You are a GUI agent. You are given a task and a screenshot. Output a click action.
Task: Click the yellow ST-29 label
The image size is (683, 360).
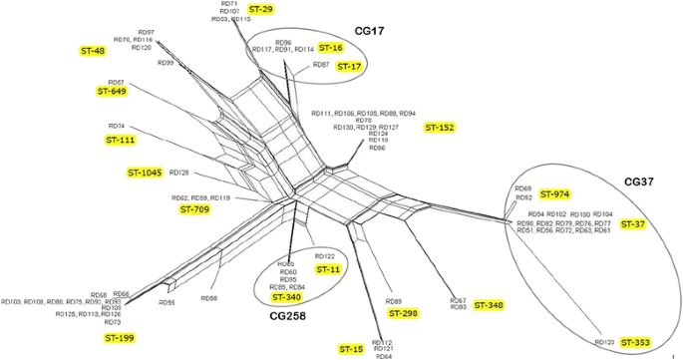[261, 9]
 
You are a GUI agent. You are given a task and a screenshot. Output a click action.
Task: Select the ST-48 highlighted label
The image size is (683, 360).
[92, 50]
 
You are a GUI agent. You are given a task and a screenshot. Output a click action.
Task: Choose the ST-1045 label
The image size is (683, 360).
[145, 173]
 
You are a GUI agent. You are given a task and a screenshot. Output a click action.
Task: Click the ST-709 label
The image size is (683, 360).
[194, 209]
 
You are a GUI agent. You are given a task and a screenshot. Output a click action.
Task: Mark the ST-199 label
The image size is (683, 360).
[119, 338]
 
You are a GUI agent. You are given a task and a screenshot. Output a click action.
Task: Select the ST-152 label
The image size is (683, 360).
[440, 128]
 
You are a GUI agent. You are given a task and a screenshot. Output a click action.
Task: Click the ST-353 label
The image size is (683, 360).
[634, 342]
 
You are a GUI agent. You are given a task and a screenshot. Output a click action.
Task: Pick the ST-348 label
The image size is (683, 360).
[489, 304]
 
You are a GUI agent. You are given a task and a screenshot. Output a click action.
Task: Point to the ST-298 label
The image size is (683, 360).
[403, 313]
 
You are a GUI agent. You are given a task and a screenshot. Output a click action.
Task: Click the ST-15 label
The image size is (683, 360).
[351, 349]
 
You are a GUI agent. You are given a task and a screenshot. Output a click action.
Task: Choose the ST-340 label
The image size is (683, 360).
[286, 297]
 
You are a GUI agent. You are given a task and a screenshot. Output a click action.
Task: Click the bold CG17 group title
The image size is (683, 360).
[369, 32]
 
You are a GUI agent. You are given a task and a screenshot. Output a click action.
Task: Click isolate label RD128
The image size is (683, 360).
[179, 173]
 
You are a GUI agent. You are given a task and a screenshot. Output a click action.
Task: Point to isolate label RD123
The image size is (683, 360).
[604, 342]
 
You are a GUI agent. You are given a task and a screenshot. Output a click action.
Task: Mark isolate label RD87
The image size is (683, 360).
[320, 65]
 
